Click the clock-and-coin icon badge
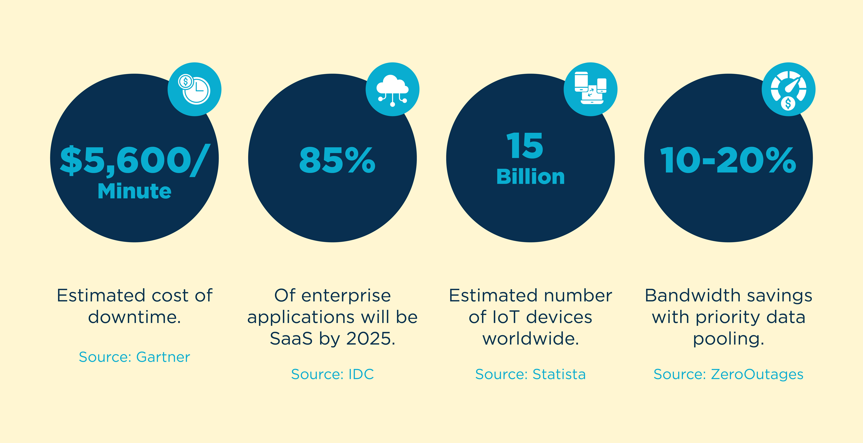194,89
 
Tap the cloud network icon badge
392,89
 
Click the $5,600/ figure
135,161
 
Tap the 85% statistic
337,161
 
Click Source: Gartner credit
134,357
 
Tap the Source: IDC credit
332,374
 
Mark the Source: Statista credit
530,374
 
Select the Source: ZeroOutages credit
728,374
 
